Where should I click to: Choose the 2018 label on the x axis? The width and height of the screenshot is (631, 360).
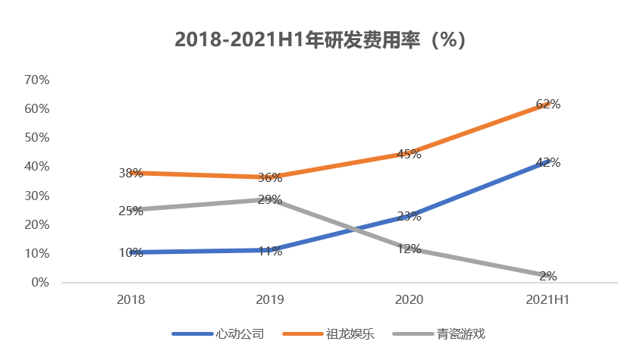pos(130,300)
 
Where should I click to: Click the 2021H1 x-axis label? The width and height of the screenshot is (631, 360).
pos(548,300)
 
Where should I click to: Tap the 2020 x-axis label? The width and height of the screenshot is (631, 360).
pos(409,300)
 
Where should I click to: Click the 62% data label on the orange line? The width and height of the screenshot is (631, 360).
pos(548,105)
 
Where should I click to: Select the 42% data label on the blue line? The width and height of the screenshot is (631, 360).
pos(548,162)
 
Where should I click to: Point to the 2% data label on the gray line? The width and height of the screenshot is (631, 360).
pos(548,276)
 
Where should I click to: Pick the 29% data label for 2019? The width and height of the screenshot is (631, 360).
pos(269,200)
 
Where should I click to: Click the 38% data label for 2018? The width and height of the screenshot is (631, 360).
pos(130,173)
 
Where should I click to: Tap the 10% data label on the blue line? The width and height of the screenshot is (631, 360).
pos(130,253)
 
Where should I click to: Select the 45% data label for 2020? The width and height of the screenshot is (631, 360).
pos(409,154)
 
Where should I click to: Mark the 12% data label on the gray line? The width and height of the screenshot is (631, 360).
pos(409,248)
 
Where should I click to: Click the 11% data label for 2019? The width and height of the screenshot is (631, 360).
pos(269,251)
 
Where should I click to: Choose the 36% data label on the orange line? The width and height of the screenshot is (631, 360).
pos(269,178)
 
